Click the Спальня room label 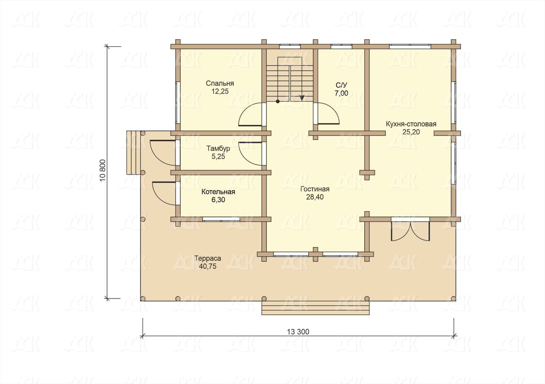point(220,83)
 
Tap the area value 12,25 point(220,92)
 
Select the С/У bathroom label point(341,85)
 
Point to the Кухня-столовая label point(411,124)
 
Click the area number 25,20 point(411,132)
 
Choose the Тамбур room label point(218,148)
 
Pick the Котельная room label point(218,192)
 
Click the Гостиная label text point(315,189)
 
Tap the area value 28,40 point(315,197)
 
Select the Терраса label point(208,258)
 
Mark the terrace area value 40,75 point(208,266)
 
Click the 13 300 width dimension point(298,332)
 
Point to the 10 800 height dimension point(103,170)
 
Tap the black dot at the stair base point(278,101)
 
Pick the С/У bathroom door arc point(335,109)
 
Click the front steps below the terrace point(316,308)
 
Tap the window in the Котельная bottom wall point(221,219)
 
